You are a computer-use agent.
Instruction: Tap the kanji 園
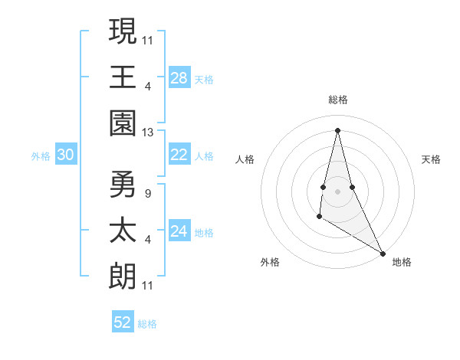pyautogui.click(x=123, y=123)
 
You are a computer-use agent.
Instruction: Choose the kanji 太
pyautogui.click(x=123, y=231)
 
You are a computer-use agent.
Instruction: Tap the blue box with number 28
pyautogui.click(x=179, y=78)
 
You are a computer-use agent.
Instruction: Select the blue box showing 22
pyautogui.click(x=179, y=155)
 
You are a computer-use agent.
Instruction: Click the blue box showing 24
pyautogui.click(x=179, y=231)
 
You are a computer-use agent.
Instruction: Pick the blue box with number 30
pyautogui.click(x=66, y=155)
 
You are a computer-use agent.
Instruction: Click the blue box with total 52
pyautogui.click(x=123, y=322)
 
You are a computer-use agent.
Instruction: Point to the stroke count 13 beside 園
pyautogui.click(x=147, y=132)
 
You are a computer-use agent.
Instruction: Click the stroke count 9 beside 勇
pyautogui.click(x=147, y=193)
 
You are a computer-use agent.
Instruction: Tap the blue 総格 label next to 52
pyautogui.click(x=147, y=324)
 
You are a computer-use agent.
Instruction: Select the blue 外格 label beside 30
pyautogui.click(x=41, y=156)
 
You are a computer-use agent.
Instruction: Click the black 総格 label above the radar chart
pyautogui.click(x=337, y=100)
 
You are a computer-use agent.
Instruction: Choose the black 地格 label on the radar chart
pyautogui.click(x=402, y=262)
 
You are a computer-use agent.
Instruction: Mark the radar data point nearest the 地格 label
pyautogui.click(x=383, y=252)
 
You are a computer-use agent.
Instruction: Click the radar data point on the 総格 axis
pyautogui.click(x=337, y=129)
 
